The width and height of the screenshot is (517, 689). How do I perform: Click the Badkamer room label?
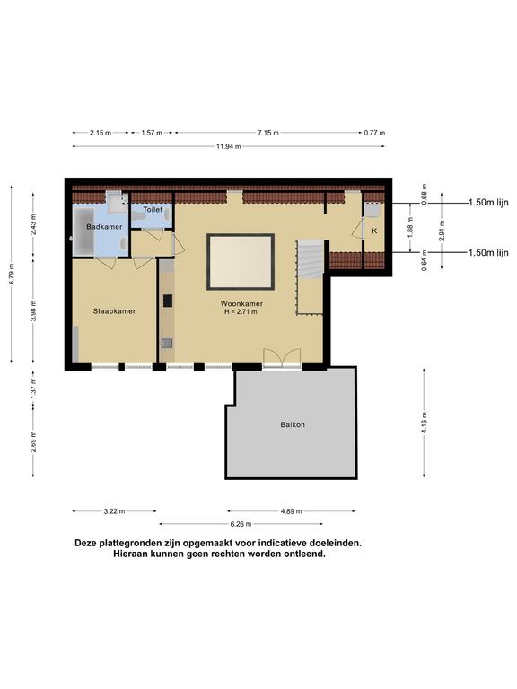click(104, 227)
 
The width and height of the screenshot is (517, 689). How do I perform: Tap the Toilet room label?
click(153, 210)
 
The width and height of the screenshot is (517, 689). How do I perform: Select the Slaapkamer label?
click(114, 311)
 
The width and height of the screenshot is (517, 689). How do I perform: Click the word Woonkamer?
click(242, 304)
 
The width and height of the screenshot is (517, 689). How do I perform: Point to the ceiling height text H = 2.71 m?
click(242, 313)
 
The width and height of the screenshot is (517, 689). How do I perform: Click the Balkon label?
click(293, 424)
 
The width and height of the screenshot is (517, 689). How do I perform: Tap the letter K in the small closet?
click(374, 231)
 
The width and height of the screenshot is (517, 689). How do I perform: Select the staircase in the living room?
click(310, 259)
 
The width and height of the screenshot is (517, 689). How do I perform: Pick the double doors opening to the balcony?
click(283, 358)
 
